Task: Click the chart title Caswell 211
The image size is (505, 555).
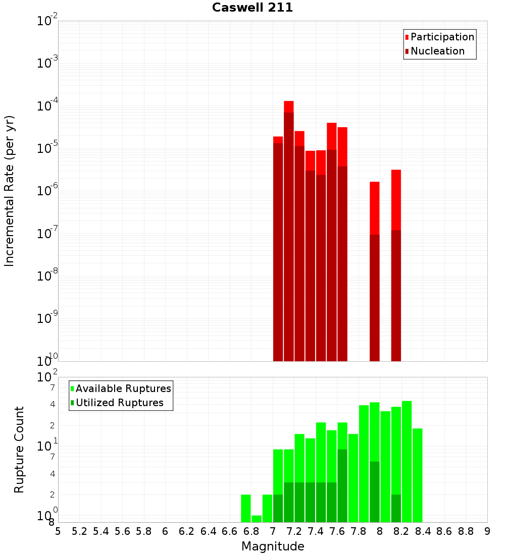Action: [252, 8]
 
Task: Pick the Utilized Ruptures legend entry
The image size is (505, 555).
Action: [119, 403]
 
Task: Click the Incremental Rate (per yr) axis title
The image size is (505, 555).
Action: [9, 191]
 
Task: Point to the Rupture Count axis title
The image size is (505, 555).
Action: [19, 450]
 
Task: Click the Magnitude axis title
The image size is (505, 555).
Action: [273, 546]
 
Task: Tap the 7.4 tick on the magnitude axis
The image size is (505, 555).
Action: [316, 531]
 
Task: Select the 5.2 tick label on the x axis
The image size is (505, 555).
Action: [79, 531]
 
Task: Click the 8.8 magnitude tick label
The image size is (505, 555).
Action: [466, 531]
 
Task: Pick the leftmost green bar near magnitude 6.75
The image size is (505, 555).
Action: [246, 508]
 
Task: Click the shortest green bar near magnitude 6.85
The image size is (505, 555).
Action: [257, 519]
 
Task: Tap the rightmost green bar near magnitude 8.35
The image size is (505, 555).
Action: [418, 475]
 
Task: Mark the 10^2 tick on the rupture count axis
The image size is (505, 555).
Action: [48, 377]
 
